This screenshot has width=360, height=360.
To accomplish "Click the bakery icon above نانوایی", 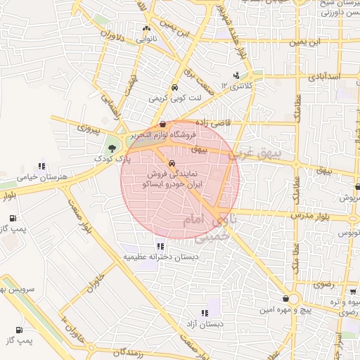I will click(146, 29).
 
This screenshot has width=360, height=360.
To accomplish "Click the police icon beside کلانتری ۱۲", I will click(236, 75).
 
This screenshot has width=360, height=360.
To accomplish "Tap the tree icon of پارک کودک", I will click(112, 148).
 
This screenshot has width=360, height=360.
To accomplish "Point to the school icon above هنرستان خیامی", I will click(42, 167).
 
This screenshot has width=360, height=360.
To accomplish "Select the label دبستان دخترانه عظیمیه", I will click(162, 257).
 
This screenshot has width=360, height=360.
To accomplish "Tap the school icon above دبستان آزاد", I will click(205, 313).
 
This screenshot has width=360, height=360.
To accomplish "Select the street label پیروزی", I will click(90, 129).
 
